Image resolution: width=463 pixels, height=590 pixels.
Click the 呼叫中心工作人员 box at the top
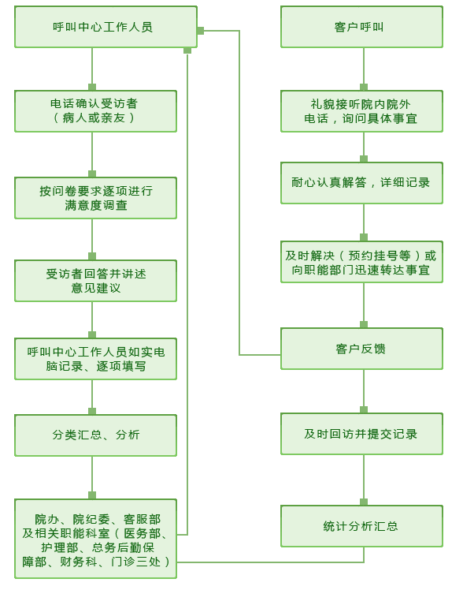pyautogui.click(x=106, y=27)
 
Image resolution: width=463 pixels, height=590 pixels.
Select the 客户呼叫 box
pyautogui.click(x=361, y=27)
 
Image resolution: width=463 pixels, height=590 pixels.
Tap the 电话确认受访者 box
pyautogui.click(x=95, y=111)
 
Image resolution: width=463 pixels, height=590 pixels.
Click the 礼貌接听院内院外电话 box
pyautogui.click(x=361, y=111)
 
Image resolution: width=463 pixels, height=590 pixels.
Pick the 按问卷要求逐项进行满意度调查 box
pyautogui.click(x=95, y=198)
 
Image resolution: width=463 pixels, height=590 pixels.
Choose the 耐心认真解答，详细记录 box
pyautogui.click(x=361, y=183)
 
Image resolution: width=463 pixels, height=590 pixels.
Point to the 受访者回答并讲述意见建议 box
pyautogui.click(x=95, y=281)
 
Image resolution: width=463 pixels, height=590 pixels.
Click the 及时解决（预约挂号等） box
pyautogui.click(x=361, y=262)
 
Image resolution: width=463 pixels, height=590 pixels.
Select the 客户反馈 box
pyautogui.click(x=361, y=349)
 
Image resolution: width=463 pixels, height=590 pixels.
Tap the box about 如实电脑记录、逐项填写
pyautogui.click(x=95, y=359)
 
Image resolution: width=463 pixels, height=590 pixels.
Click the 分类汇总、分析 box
pyautogui.click(x=95, y=435)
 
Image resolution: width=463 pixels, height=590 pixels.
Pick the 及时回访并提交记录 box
pyautogui.click(x=361, y=434)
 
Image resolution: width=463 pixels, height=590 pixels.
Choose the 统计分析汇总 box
pyautogui.click(x=361, y=526)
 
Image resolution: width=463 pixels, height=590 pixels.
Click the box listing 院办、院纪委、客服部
pyautogui.click(x=95, y=539)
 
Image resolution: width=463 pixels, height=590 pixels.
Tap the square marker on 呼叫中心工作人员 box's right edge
pyautogui.click(x=201, y=31)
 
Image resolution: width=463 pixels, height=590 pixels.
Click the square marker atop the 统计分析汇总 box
pyautogui.click(x=364, y=502)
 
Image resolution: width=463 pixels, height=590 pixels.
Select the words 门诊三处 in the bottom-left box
pyautogui.click(x=135, y=562)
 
